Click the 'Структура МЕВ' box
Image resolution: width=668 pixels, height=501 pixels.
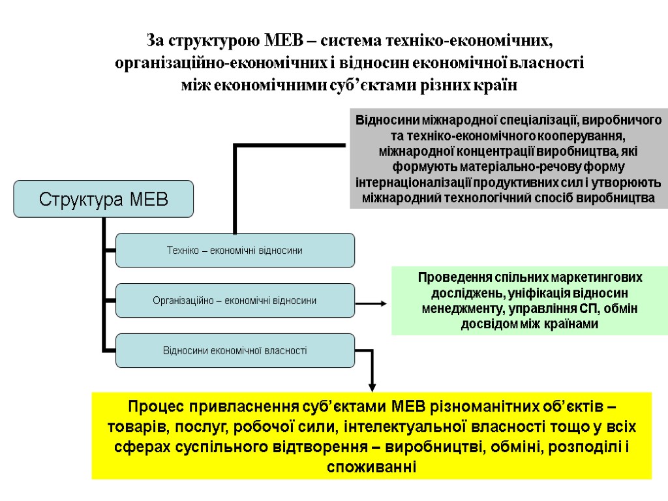tap(104, 198)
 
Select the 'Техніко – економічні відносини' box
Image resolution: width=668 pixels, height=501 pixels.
tap(235, 250)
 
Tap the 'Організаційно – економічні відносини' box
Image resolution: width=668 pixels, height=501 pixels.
tap(235, 301)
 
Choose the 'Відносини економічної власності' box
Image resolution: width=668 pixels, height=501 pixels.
tap(235, 351)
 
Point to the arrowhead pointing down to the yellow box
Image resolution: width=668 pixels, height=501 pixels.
tap(372, 385)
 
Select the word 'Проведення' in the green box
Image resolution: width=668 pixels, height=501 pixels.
tap(444, 277)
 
